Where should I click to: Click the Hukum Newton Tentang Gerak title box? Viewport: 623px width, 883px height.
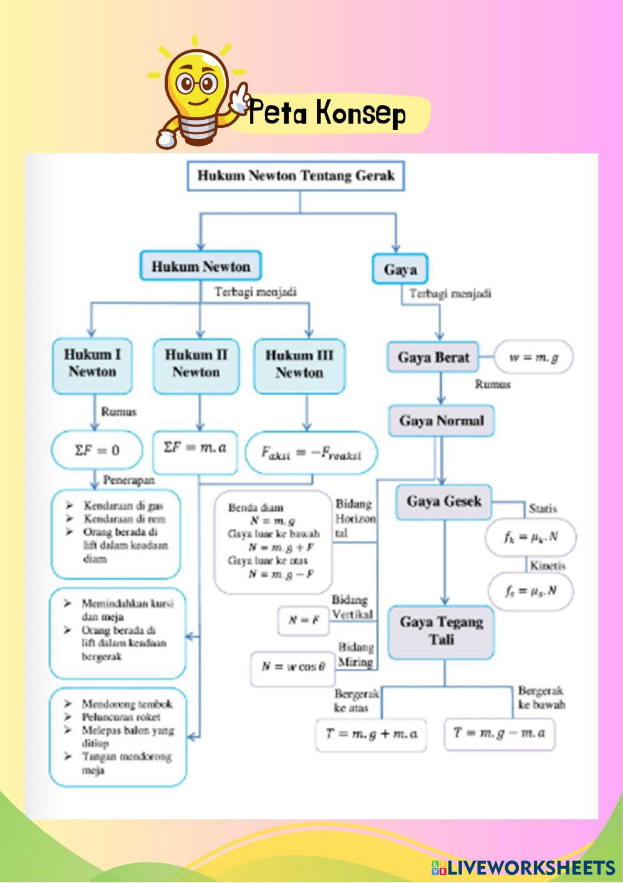pos(296,175)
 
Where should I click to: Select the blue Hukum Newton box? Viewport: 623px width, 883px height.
pos(200,266)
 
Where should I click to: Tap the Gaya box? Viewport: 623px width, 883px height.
pos(400,270)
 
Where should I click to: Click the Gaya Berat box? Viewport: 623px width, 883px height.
pos(433,358)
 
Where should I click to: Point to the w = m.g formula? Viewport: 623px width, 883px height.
pos(533,358)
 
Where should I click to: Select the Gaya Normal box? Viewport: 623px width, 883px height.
pos(442,421)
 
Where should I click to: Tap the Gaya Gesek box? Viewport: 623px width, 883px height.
pos(443,502)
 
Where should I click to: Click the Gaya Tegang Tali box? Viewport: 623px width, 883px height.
pos(441,632)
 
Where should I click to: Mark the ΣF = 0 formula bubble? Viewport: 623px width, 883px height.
pos(97,449)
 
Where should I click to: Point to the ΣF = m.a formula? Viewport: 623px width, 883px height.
pos(195,448)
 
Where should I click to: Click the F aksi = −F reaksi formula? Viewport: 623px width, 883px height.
pos(311,452)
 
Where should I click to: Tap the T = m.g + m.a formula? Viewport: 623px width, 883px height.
pos(371,734)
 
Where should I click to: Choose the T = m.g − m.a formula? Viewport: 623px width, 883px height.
pos(499,733)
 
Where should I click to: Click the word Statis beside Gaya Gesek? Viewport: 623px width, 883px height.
pos(543,509)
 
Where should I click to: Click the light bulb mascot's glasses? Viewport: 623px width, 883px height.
pos(196,83)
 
